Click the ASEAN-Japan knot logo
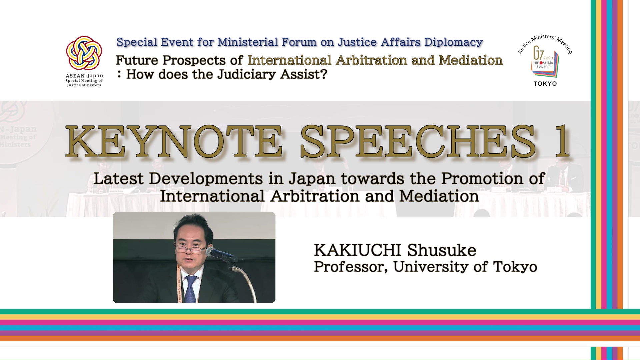(84, 53)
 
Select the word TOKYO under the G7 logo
(545, 84)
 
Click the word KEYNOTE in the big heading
(174, 141)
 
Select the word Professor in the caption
(351, 267)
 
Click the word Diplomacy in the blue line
(453, 42)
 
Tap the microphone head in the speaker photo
(221, 255)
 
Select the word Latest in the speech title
(118, 179)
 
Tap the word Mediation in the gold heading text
(471, 60)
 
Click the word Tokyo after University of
(515, 267)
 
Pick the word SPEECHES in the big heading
(419, 141)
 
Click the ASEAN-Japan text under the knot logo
(84, 76)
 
